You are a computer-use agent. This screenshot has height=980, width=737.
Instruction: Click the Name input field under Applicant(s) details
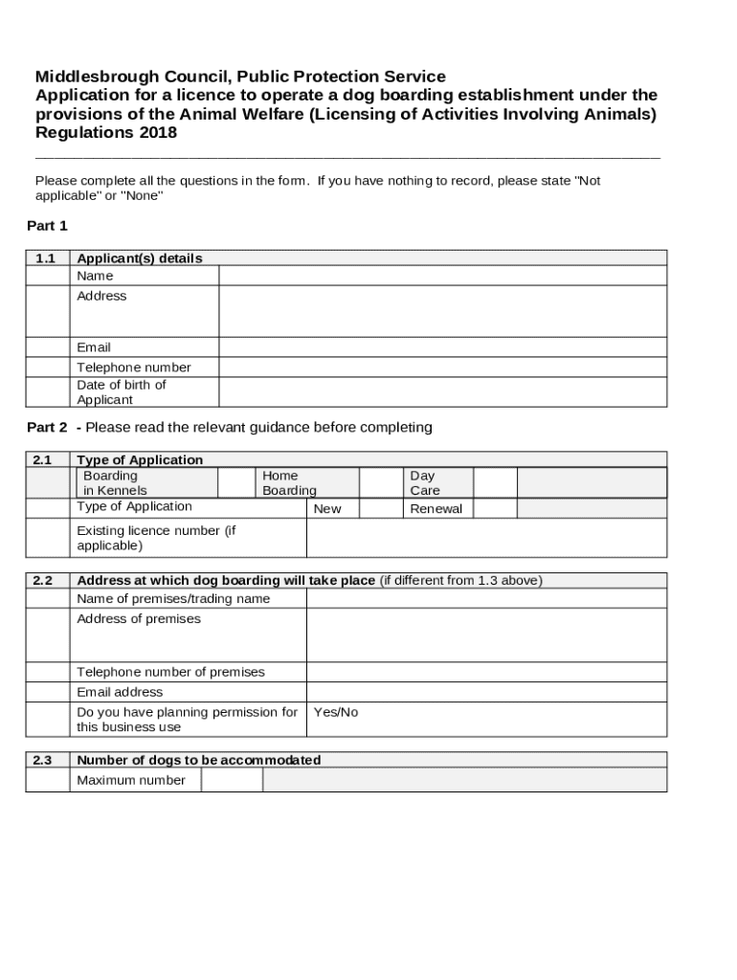tap(442, 276)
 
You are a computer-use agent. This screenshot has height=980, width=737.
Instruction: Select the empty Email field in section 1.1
tap(442, 347)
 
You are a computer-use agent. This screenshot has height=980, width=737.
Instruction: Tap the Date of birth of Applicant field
tap(442, 392)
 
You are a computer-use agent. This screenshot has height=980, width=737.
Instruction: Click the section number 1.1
tap(46, 258)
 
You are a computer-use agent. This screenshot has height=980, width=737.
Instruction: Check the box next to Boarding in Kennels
tap(236, 483)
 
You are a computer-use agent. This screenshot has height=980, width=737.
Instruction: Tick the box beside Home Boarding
tap(379, 483)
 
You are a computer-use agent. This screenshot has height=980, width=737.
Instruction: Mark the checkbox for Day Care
tap(496, 483)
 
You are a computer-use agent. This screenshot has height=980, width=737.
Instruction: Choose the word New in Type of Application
tap(327, 509)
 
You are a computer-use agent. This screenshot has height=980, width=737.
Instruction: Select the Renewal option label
tap(435, 509)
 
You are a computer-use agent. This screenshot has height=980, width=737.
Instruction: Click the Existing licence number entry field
tap(486, 538)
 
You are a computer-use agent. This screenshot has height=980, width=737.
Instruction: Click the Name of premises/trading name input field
tap(486, 599)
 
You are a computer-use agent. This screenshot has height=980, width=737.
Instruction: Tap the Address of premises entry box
tap(486, 635)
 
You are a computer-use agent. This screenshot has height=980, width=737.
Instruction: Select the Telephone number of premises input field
tap(486, 672)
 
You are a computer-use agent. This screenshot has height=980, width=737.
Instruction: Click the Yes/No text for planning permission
tap(336, 713)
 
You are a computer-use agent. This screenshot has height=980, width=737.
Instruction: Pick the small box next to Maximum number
tap(231, 781)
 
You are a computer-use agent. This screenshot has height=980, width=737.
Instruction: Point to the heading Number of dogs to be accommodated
tap(198, 761)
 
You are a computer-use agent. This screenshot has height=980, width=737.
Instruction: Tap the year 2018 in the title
tap(158, 133)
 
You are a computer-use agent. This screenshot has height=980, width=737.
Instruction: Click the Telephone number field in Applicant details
tap(442, 367)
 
